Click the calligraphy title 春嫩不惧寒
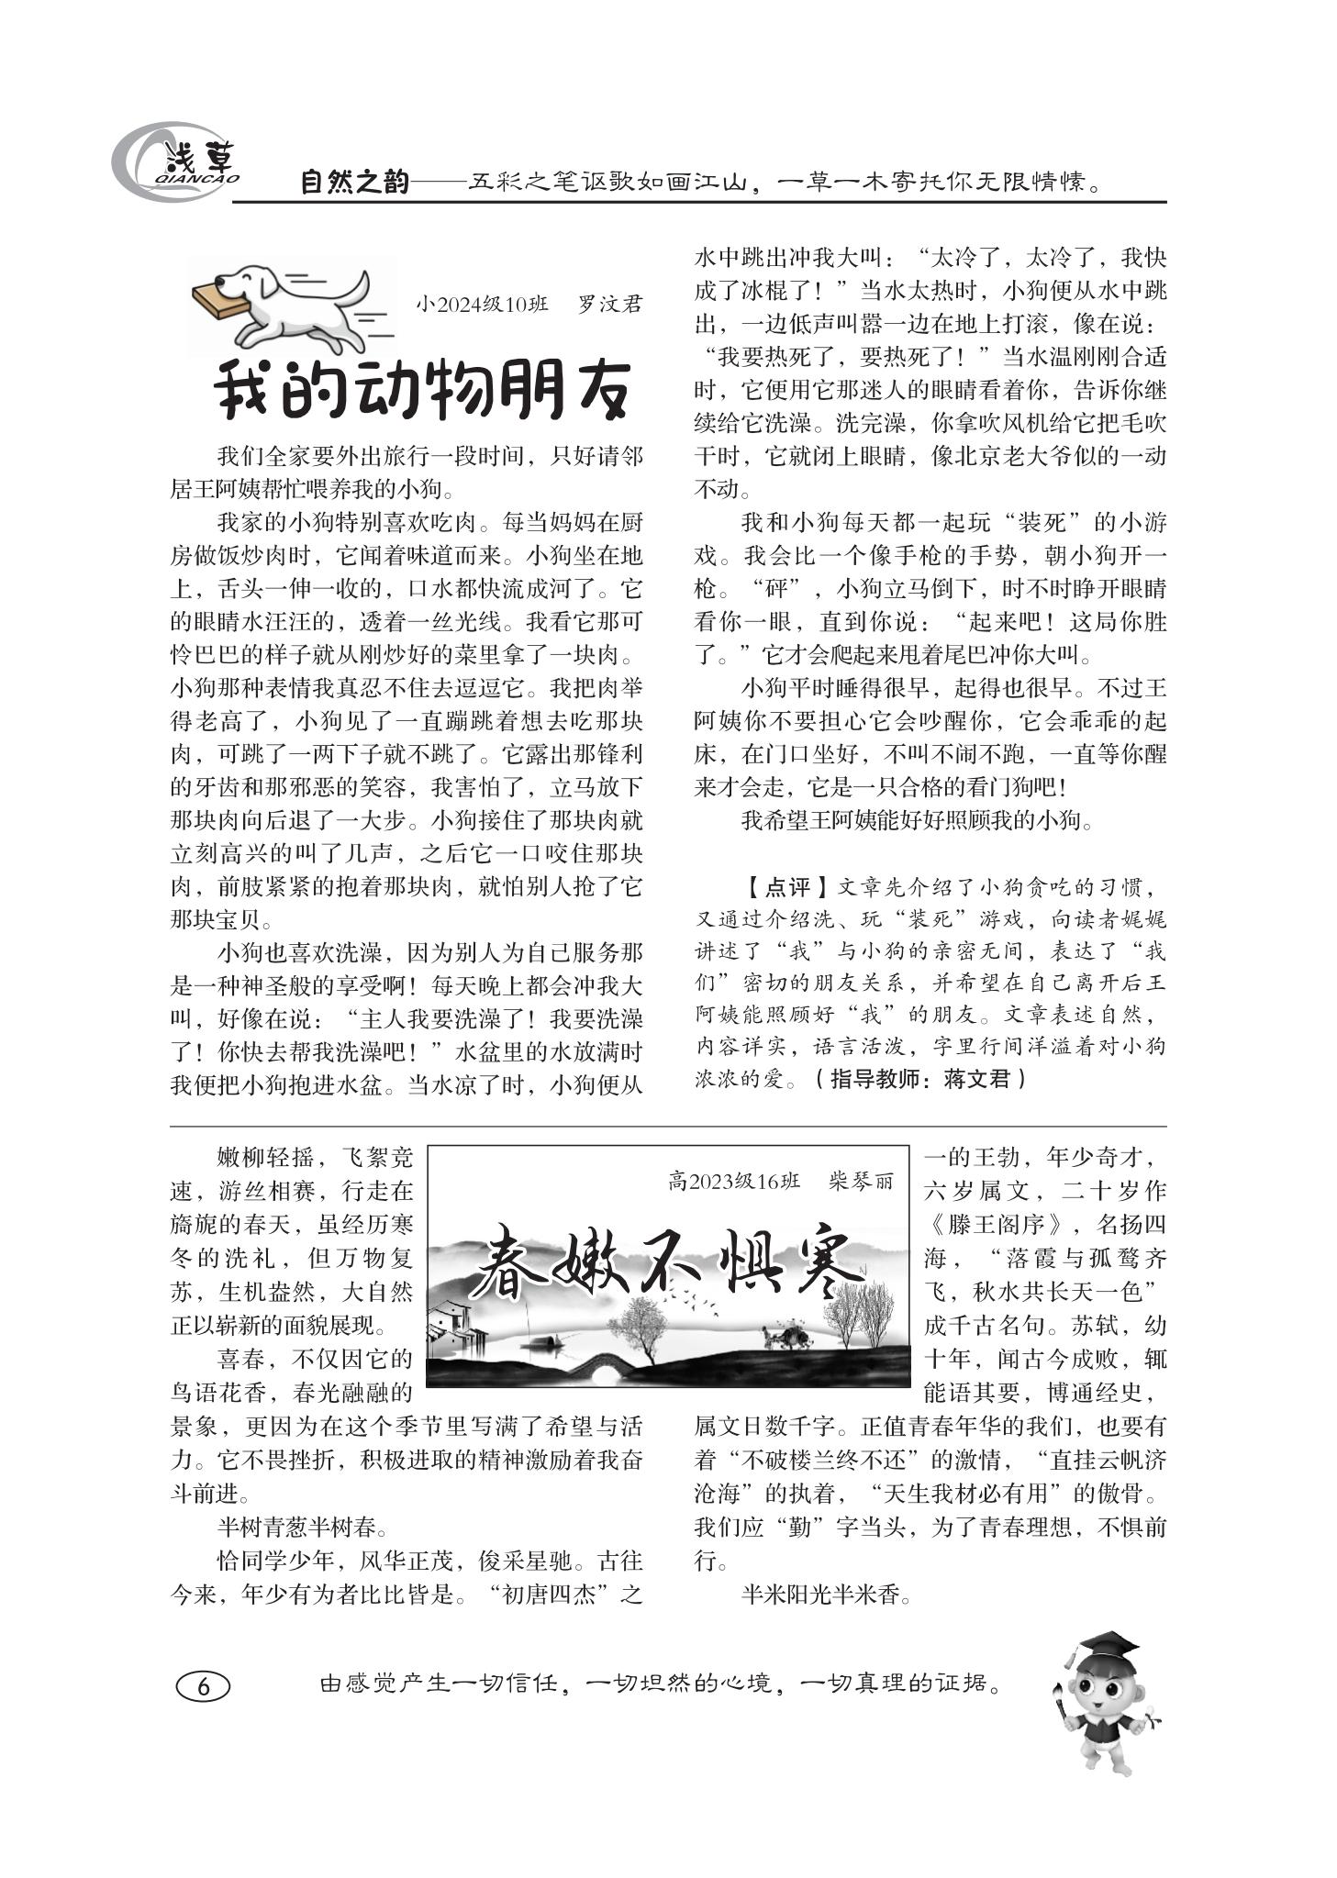coord(671,1266)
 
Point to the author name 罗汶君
coord(609,304)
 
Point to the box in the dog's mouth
coord(219,297)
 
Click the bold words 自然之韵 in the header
coord(354,183)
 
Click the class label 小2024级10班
coord(482,304)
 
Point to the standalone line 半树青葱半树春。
coord(303,1527)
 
